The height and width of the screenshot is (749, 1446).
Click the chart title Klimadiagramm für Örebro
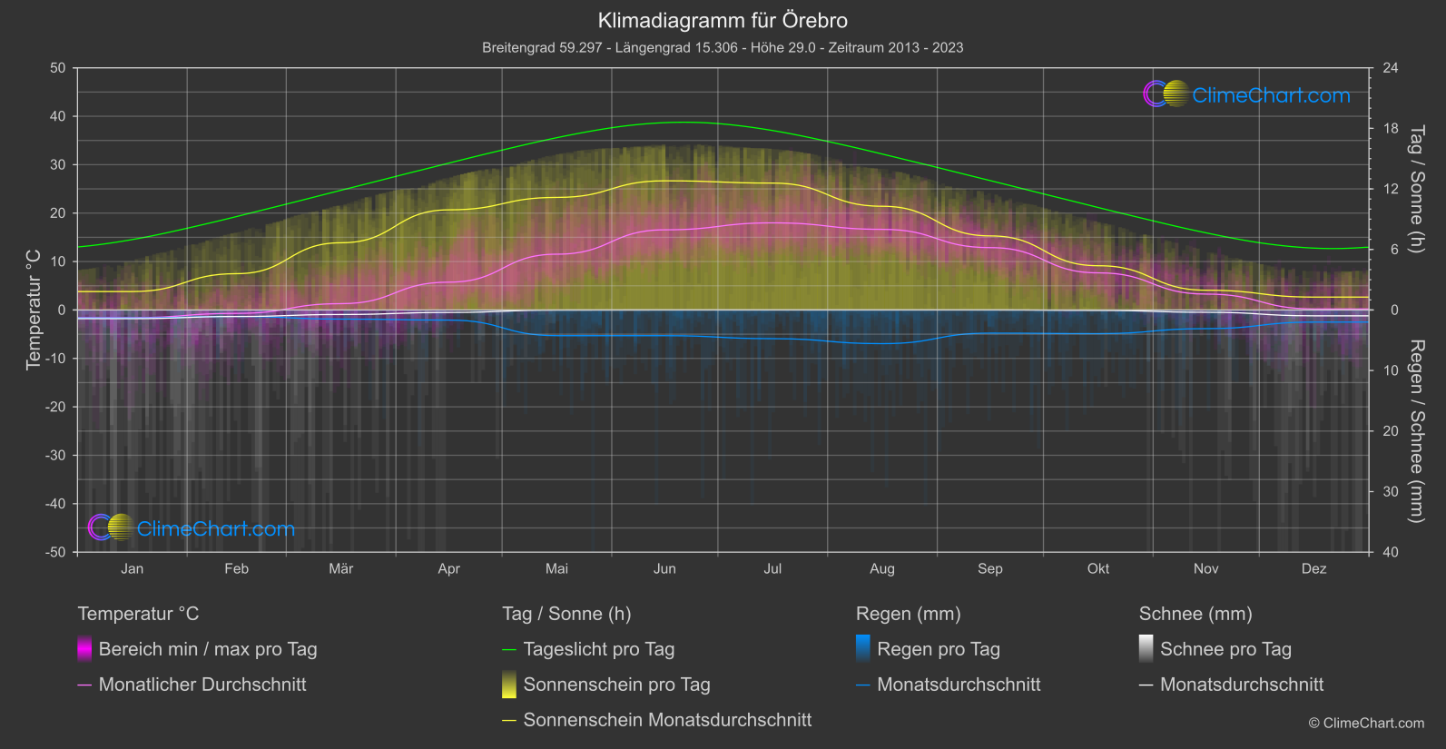tap(723, 20)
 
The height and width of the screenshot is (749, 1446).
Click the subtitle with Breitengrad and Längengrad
tap(723, 47)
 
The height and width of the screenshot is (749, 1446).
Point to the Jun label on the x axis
tap(664, 568)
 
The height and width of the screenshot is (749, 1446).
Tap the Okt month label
tap(1097, 568)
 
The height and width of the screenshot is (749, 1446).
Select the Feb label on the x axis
tap(236, 568)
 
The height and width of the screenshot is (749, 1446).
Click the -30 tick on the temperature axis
tap(55, 455)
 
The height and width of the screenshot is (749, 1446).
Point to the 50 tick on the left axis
tap(58, 68)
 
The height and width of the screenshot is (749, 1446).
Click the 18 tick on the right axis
tap(1391, 129)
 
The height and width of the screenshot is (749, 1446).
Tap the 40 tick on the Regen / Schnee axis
tap(1391, 552)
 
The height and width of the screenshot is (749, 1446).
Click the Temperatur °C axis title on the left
tap(34, 310)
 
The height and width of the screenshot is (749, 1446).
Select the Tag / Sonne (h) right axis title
tap(1415, 189)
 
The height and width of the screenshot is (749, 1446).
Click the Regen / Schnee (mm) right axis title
tap(1415, 431)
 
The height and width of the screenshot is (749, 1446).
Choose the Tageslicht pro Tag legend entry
tap(598, 649)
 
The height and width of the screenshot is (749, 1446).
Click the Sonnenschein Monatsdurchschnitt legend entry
tap(667, 720)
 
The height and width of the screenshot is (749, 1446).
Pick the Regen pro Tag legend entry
tap(938, 649)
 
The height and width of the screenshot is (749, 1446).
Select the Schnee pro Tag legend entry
tap(1225, 649)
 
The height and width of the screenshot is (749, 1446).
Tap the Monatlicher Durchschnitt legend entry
tap(202, 685)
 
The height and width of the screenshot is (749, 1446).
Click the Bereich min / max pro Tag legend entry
tap(207, 649)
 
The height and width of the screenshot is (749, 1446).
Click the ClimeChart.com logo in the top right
tap(1247, 94)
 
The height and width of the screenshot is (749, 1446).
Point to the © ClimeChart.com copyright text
tap(1366, 724)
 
